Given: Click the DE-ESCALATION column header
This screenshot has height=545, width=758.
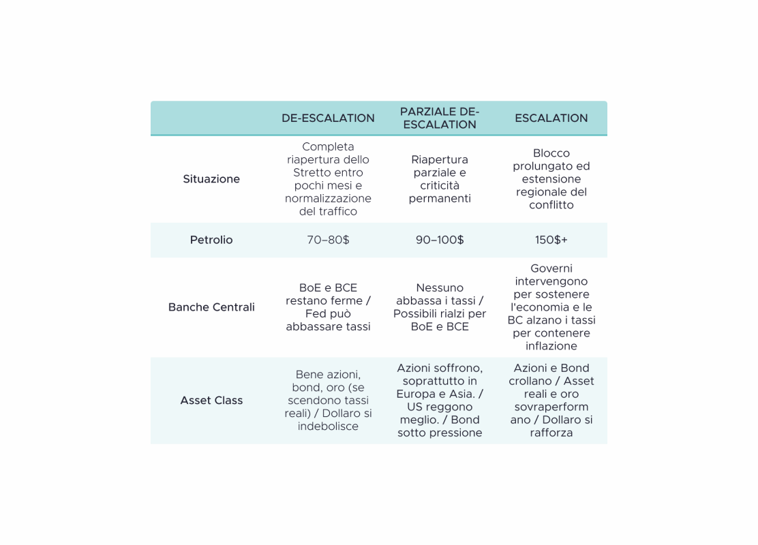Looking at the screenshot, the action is pyautogui.click(x=328, y=119).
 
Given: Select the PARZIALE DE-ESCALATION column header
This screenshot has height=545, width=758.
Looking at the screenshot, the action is pyautogui.click(x=440, y=118).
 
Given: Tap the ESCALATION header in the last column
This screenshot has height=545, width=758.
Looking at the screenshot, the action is pyautogui.click(x=551, y=119).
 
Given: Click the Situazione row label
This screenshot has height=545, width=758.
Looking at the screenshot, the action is pyautogui.click(x=211, y=179).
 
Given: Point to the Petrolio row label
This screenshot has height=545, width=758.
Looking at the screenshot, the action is pyautogui.click(x=211, y=240).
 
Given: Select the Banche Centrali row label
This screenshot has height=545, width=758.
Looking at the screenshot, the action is pyautogui.click(x=211, y=307).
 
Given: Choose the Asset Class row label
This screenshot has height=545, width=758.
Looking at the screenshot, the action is pyautogui.click(x=211, y=401).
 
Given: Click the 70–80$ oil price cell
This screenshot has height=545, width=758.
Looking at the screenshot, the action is pyautogui.click(x=328, y=240).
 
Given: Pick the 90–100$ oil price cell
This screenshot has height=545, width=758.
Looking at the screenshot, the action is pyautogui.click(x=440, y=240).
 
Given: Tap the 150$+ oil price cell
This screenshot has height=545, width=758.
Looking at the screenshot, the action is pyautogui.click(x=551, y=240).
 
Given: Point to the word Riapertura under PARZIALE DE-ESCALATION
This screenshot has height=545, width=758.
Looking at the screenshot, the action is pyautogui.click(x=440, y=160).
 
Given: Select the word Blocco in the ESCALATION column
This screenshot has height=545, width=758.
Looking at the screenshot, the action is pyautogui.click(x=551, y=153).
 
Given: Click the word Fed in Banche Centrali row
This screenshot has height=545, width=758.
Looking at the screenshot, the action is pyautogui.click(x=315, y=313).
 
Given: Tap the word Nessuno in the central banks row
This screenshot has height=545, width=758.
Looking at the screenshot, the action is pyautogui.click(x=440, y=288).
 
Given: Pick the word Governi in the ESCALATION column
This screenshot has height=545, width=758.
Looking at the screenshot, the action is pyautogui.click(x=551, y=268).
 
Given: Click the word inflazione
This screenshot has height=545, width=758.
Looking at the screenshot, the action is pyautogui.click(x=551, y=346).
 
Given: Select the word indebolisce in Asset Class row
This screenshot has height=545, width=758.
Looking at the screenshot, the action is pyautogui.click(x=328, y=426).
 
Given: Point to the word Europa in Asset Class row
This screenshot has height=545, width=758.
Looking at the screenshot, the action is pyautogui.click(x=415, y=394).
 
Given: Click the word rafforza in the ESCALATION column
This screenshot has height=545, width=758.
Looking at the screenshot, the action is pyautogui.click(x=551, y=433).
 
